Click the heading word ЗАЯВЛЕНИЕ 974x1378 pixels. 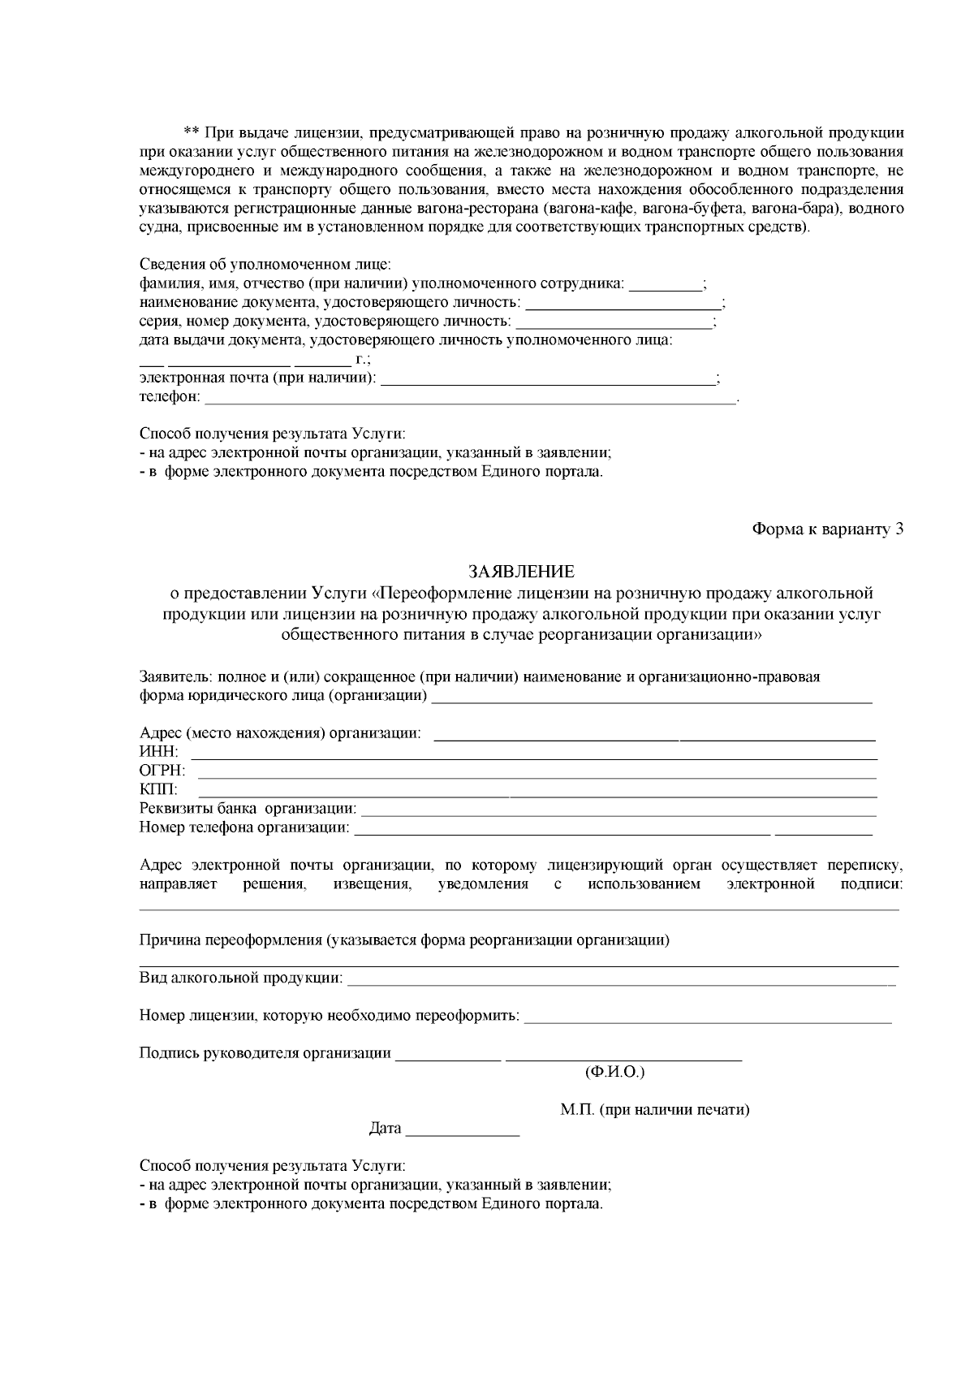point(521,572)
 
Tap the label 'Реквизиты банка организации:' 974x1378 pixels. point(248,809)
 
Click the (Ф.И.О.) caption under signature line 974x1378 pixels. point(614,1073)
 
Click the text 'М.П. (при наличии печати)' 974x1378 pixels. point(654,1109)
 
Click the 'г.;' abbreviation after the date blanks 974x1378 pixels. point(362,359)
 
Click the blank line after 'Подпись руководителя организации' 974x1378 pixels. point(446,1056)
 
